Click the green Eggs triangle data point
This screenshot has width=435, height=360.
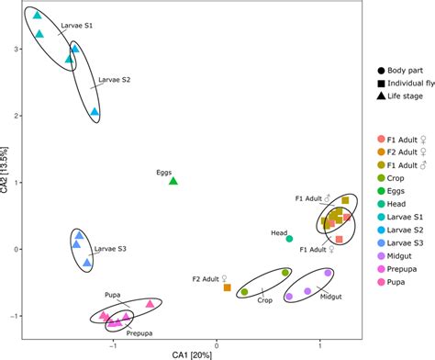coord(173,181)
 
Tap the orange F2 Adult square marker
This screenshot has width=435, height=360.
coord(228,287)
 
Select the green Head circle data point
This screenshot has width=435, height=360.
coord(290,239)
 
